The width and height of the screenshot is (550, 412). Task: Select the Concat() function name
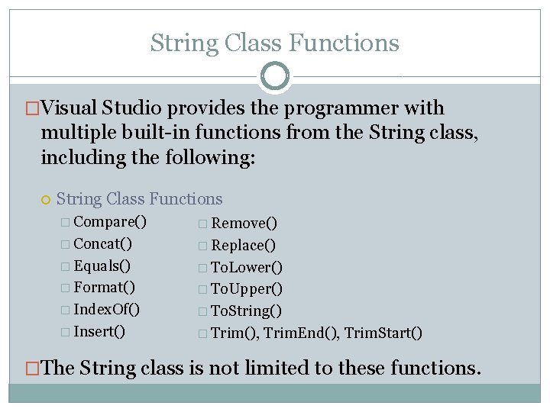[x=102, y=244]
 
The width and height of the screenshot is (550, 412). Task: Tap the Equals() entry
[x=102, y=266]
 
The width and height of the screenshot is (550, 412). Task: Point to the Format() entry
[x=105, y=288]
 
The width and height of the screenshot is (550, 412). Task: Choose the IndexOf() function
[x=106, y=310]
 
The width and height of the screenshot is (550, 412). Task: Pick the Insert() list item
[x=99, y=332]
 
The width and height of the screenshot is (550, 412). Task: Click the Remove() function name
[x=244, y=224]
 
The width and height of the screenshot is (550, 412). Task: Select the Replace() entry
[x=243, y=246]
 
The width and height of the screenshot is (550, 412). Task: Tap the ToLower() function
[x=246, y=267]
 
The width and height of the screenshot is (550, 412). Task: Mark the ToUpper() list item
[x=246, y=289]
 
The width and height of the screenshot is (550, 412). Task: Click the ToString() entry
[x=246, y=311]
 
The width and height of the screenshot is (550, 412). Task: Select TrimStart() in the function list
[x=383, y=333]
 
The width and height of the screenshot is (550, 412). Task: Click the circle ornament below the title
[x=275, y=76]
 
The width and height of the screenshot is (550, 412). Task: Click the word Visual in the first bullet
[x=70, y=109]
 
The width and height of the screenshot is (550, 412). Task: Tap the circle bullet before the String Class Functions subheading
[x=46, y=200]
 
